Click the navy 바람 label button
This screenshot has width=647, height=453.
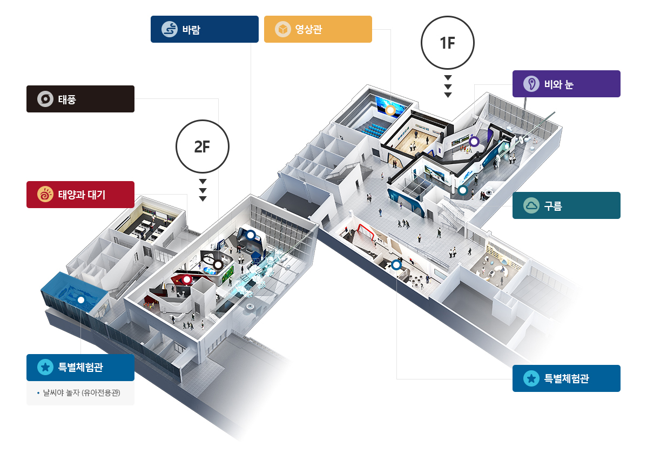coord(204,29)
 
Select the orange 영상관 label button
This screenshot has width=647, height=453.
coord(318,29)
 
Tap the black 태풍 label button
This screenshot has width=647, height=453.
coord(80,99)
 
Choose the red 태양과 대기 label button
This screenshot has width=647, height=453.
coord(80,195)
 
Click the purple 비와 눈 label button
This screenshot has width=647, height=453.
coord(566,84)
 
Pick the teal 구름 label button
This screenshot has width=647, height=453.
coord(566,205)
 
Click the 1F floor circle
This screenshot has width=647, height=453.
coord(448,43)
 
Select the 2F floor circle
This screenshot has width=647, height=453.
coord(202,146)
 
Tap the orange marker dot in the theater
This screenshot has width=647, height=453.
coord(390,110)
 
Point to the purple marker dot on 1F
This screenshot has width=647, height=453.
coord(474,142)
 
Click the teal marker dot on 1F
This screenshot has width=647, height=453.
coord(462,190)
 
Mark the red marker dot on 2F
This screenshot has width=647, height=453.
coord(187,279)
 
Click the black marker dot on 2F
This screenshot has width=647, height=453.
coord(218,264)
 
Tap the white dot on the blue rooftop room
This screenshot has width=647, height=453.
coord(82,300)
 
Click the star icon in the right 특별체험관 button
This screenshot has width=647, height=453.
coord(531,378)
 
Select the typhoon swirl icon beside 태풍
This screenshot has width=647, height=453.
coord(45,99)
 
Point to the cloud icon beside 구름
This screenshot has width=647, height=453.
coord(531,205)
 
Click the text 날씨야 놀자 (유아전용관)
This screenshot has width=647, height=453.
coord(82,392)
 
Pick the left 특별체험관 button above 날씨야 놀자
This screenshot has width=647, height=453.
coord(80,368)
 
